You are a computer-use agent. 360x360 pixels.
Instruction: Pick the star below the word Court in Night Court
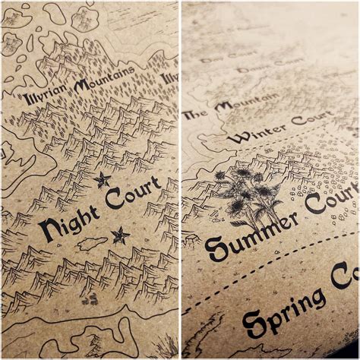pyautogui.click(x=119, y=235)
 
